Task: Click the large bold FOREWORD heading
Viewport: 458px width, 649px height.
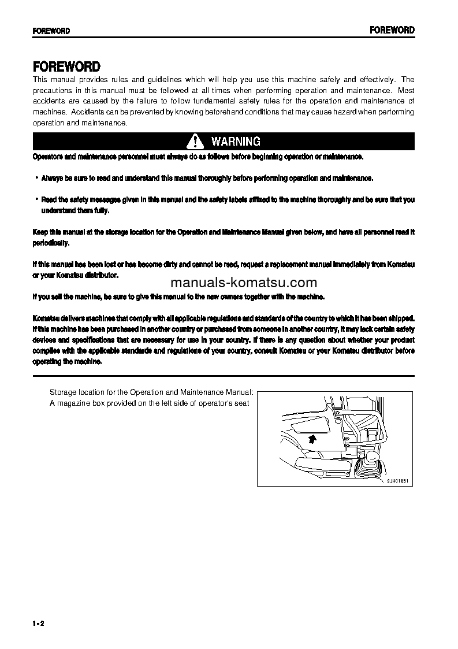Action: (66, 66)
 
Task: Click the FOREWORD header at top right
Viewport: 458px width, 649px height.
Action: (392, 30)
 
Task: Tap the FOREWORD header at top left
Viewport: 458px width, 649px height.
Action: (51, 31)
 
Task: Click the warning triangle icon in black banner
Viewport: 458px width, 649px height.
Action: (196, 142)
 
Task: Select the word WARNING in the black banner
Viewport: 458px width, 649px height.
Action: (236, 142)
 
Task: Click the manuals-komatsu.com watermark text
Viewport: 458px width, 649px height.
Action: (244, 283)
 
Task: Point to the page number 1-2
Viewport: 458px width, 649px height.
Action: (39, 623)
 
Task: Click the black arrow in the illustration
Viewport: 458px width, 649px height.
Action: (312, 439)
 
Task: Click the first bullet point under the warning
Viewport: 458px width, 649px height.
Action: (36, 178)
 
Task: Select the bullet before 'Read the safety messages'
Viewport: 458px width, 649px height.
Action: (36, 199)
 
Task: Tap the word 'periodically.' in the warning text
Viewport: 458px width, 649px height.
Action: (51, 243)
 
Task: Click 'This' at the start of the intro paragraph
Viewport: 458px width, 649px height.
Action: (40, 80)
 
